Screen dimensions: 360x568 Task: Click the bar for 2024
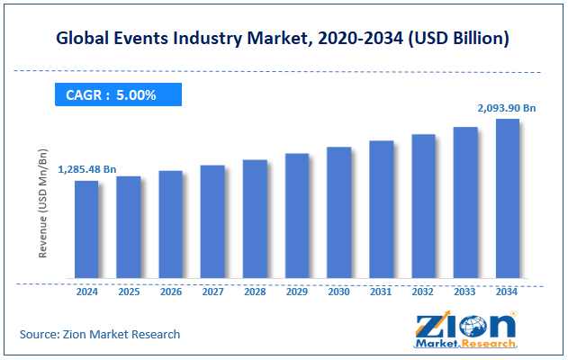point(86,229)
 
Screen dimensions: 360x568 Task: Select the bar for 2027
point(212,221)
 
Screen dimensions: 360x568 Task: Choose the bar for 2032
point(423,206)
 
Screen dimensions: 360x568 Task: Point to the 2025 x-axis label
point(129,292)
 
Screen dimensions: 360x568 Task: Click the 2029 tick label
point(297,292)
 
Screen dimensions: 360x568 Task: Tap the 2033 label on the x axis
point(465,292)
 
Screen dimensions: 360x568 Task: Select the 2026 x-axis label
point(171,292)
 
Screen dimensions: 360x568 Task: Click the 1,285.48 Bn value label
point(87,168)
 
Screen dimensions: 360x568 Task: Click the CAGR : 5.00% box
point(118,94)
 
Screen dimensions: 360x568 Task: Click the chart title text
point(284,39)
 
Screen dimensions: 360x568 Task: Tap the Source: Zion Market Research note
point(100,334)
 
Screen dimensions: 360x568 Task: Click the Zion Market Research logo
point(465,330)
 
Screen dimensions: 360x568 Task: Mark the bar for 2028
point(255,219)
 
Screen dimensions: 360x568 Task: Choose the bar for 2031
point(381,210)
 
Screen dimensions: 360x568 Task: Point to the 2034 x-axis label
point(508,292)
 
